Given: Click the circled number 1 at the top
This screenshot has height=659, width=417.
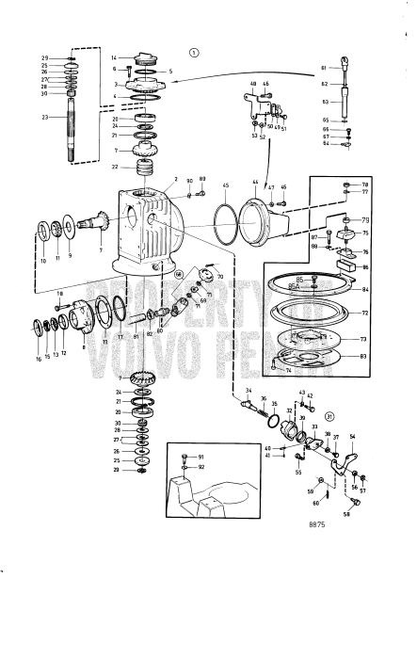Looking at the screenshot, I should (194, 53).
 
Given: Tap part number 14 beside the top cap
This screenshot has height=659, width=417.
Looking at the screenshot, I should (114, 58).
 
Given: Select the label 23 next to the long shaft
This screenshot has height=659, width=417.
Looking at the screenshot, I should (44, 118).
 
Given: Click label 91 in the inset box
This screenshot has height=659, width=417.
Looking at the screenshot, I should (200, 457).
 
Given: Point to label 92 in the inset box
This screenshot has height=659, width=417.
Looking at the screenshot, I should (200, 466).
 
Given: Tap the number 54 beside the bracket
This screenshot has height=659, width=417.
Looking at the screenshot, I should (352, 438).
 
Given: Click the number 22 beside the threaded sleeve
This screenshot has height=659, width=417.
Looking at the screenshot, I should (114, 168).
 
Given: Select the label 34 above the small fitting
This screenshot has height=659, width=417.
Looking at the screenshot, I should (249, 391).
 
